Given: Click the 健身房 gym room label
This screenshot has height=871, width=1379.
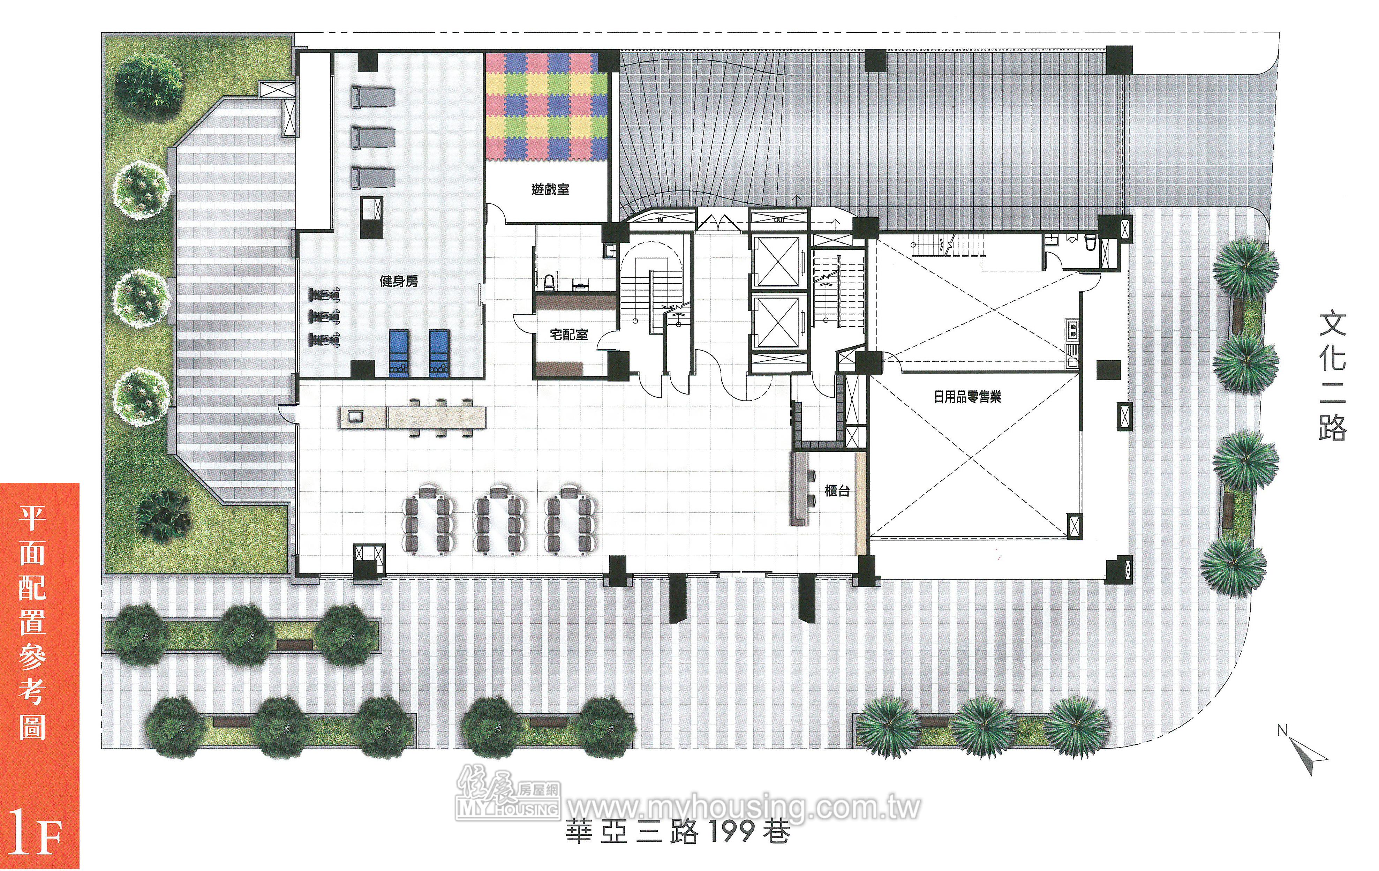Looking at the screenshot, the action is (399, 281).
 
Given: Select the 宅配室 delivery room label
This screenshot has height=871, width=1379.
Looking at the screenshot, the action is (569, 335).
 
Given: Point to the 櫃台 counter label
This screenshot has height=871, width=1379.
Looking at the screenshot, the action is (837, 491).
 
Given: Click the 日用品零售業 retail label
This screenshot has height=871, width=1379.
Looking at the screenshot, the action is (967, 397).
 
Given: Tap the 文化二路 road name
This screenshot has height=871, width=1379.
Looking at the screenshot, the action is (1332, 377).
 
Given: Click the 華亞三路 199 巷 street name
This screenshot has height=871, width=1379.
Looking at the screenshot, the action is (678, 832).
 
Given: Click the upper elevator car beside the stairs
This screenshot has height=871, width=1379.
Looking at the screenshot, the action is (777, 261).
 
